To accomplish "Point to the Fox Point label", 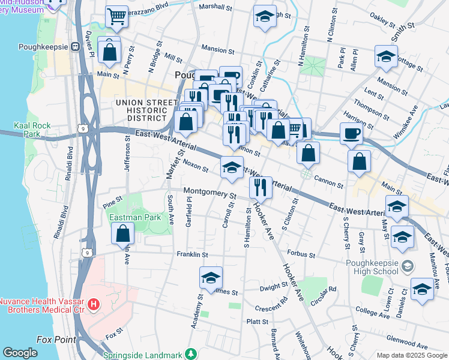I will tap(56, 340).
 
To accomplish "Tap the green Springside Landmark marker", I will tap(191, 353).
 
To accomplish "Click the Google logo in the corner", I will tap(20, 353).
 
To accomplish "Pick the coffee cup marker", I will tap(351, 133).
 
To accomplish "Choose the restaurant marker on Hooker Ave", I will tap(260, 187).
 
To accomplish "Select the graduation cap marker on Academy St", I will tap(211, 277).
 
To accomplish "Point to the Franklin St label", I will tap(191, 254).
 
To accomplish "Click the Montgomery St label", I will tap(209, 193).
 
